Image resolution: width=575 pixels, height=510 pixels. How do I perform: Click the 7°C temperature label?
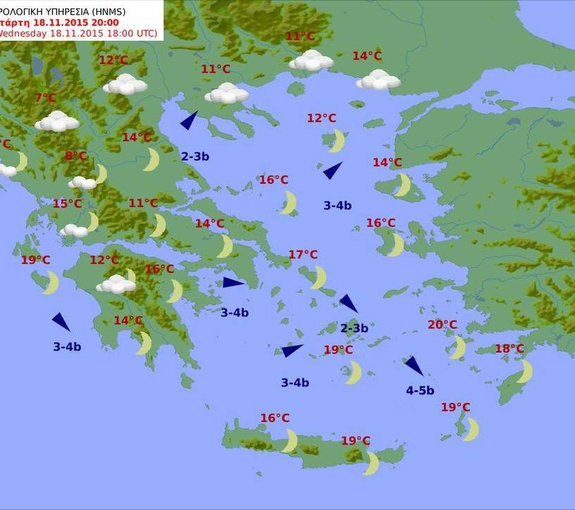[x=45, y=98]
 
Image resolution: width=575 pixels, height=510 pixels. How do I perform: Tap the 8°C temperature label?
[x=76, y=156]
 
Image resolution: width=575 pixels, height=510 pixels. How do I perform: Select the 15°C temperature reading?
[x=67, y=204]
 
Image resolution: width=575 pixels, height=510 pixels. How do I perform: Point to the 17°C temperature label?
[x=303, y=255]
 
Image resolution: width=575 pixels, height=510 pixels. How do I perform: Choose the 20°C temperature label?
[x=442, y=325]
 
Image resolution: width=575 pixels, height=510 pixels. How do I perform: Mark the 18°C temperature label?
[x=509, y=349]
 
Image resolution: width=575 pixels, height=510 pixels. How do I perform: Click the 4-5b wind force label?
[x=420, y=391]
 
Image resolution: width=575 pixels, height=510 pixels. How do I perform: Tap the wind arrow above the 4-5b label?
[x=414, y=366]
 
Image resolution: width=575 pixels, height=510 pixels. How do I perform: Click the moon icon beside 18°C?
[x=525, y=371]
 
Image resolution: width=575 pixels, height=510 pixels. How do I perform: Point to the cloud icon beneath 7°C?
[x=57, y=121]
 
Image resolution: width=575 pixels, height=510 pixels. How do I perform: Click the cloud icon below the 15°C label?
[x=73, y=230]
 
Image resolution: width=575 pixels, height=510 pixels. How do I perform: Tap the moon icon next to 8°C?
[x=101, y=173]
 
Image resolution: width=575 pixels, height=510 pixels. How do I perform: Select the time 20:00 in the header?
[x=102, y=22]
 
